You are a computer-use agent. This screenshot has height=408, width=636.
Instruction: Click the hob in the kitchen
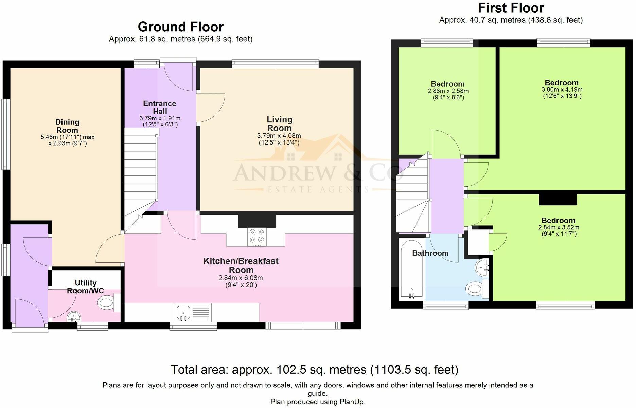coord(257,237)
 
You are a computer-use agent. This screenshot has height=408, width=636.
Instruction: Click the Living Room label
coord(279,124)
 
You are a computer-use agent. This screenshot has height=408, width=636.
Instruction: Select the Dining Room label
coord(67,126)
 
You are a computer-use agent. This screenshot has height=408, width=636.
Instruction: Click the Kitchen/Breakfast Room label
coord(241,266)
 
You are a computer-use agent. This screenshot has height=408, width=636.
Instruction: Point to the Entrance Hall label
coord(160,107)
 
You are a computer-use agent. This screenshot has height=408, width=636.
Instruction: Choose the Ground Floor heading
coord(181,27)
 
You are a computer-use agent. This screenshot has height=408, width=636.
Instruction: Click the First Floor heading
coord(511,7)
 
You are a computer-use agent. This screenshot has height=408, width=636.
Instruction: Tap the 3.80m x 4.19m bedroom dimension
coord(562,90)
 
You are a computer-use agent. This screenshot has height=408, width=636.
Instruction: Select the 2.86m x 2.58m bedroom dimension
coord(448,91)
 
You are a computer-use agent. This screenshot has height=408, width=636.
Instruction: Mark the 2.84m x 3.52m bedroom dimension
coord(559,227)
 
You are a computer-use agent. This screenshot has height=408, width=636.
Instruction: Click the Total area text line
coord(314,369)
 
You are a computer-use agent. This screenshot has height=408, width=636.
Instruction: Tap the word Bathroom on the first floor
coord(430,253)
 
